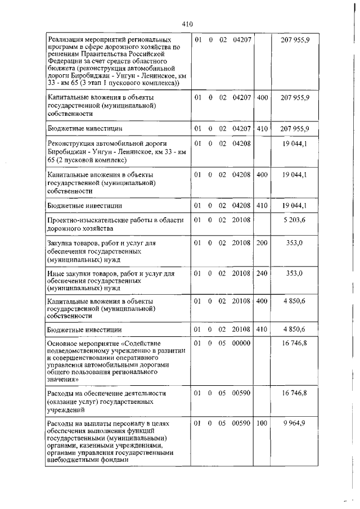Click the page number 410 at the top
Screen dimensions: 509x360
[x=187, y=24]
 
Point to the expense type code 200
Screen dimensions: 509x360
[x=262, y=243]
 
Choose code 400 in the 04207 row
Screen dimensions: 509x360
[x=262, y=98]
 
